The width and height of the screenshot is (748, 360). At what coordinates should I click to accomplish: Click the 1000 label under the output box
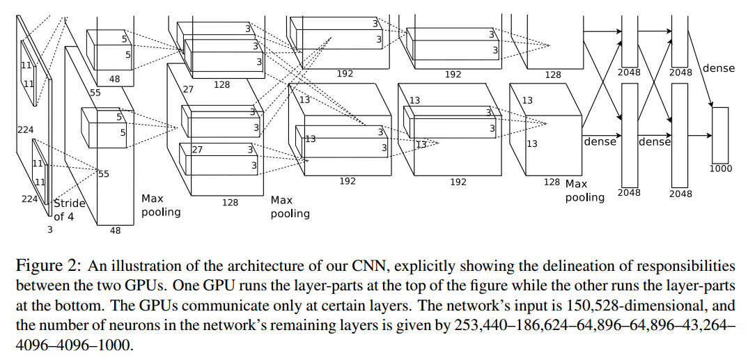[x=721, y=169]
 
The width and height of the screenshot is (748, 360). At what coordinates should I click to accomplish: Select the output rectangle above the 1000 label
[x=720, y=135]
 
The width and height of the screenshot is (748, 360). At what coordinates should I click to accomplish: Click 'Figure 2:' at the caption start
[x=42, y=266]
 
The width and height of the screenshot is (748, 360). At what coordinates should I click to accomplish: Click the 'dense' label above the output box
[x=718, y=68]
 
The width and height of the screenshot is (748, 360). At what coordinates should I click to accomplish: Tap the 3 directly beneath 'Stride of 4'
[x=49, y=228]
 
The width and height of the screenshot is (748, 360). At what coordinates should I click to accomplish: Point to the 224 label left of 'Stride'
[x=29, y=199]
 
